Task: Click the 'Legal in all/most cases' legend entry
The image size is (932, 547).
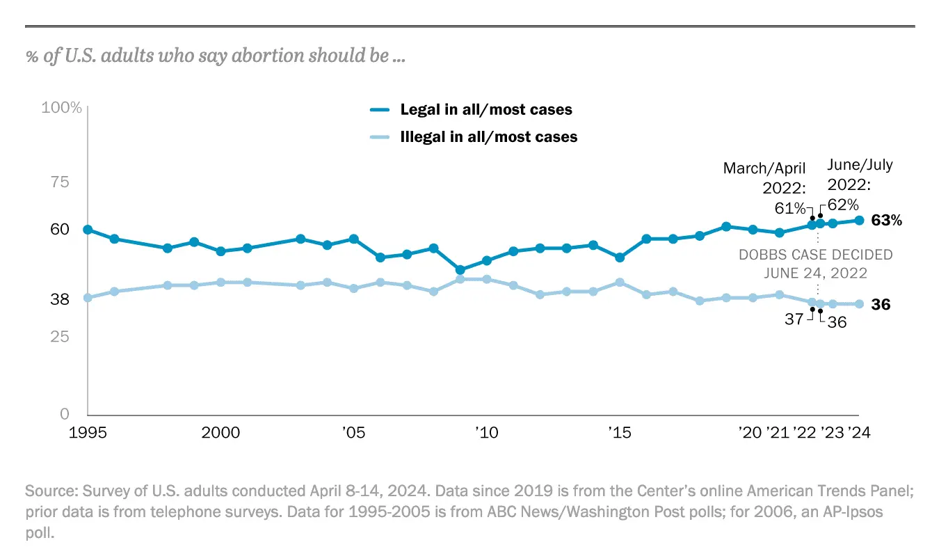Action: (x=485, y=110)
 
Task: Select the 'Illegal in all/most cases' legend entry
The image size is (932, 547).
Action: (x=488, y=137)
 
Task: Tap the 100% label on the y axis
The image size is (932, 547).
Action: (x=62, y=108)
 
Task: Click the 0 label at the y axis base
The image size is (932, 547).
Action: (x=65, y=414)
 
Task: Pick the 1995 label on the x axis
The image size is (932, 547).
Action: (x=88, y=433)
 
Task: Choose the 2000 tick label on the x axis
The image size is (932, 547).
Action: (x=220, y=433)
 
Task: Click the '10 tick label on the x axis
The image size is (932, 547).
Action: (x=485, y=433)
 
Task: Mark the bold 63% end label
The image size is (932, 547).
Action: (x=887, y=221)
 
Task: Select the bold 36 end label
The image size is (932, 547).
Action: (x=881, y=305)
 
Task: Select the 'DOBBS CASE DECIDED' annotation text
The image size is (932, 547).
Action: (x=815, y=255)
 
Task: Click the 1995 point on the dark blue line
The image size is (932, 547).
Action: (x=88, y=230)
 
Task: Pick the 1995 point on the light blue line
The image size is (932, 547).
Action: (x=88, y=298)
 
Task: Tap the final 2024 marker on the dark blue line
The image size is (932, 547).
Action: (x=859, y=221)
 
